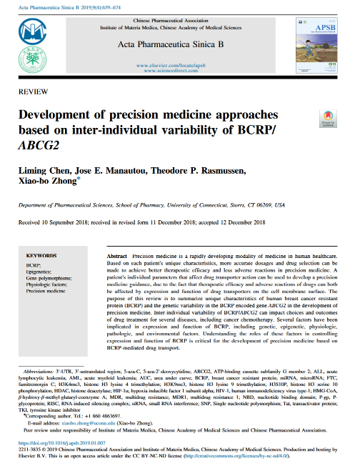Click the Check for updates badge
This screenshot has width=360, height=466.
click(327, 118)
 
